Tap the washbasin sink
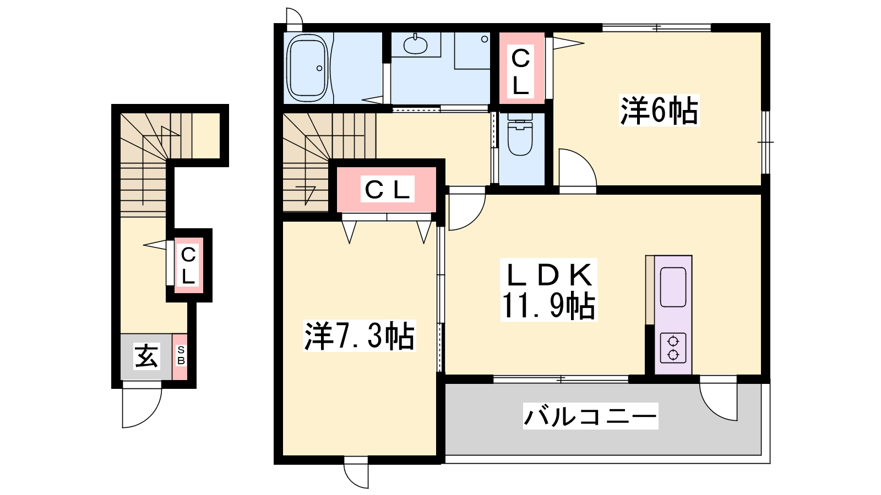415,45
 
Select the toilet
520,134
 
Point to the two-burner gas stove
673,348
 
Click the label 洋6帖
659,111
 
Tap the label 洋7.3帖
360,336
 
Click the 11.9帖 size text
548,305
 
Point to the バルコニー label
590,416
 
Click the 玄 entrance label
146,356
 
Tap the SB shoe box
181,356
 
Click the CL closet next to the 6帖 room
521,68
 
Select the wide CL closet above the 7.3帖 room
387,190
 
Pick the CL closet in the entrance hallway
188,265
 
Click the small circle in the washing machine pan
485,39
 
